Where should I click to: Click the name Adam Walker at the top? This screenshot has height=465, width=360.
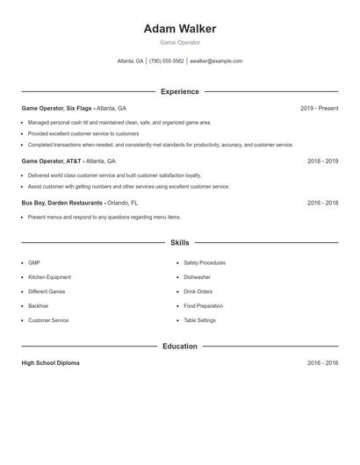coord(179,29)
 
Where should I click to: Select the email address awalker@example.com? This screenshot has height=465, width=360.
coord(216,61)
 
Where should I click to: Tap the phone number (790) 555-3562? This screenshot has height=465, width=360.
coord(167,61)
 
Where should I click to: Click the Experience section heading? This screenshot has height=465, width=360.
coord(179,91)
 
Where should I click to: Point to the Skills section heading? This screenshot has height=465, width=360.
coord(179,243)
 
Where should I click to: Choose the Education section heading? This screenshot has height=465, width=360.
coord(179,347)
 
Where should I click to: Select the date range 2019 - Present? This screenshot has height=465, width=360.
coord(319,108)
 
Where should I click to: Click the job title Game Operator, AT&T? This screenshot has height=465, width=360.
coord(52,161)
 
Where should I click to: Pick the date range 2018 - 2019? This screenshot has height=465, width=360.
coord(322,161)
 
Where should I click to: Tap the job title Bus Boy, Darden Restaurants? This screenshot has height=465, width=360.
coord(62,203)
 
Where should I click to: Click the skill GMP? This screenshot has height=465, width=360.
coord(34,262)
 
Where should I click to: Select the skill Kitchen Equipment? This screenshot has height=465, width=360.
coord(49,277)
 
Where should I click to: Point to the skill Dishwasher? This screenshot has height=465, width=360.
coord(197,277)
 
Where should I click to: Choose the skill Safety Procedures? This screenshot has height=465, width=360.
coord(205,262)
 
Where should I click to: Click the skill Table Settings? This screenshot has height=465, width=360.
coord(199,320)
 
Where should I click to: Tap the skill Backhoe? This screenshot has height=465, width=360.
coord(38,306)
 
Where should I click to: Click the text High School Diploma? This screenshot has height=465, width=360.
coord(50,363)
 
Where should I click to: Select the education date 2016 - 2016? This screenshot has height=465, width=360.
coord(322,363)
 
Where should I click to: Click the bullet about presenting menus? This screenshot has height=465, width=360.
coord(104,217)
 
